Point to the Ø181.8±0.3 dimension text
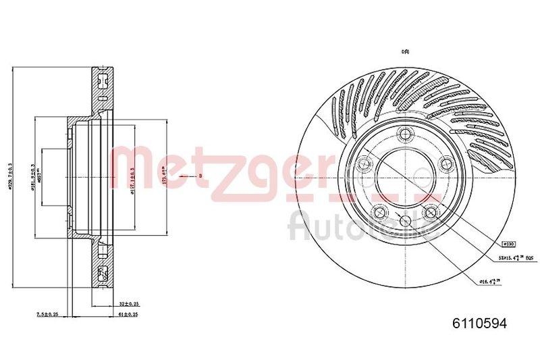(x=34, y=177)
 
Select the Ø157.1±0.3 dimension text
(x=133, y=178)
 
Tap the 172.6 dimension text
(x=166, y=177)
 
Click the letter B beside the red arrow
(x=200, y=176)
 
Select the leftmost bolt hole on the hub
(x=365, y=163)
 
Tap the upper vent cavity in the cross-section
(x=103, y=81)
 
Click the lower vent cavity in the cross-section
(x=103, y=273)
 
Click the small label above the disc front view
(x=406, y=51)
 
